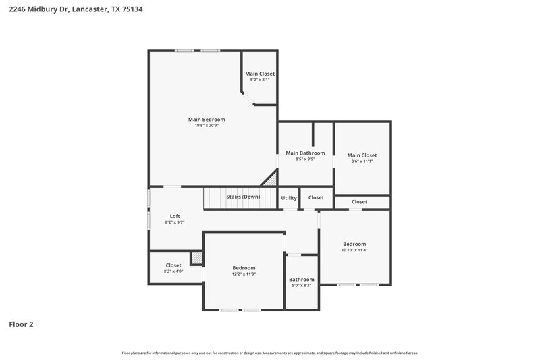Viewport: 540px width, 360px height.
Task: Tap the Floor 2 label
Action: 21,324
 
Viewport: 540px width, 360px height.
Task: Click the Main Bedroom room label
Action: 207,119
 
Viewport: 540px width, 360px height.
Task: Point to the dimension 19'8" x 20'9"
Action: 207,126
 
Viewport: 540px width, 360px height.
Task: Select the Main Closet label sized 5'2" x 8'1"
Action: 260,74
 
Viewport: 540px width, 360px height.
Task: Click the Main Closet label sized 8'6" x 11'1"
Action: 362,155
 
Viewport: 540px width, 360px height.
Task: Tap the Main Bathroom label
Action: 306,153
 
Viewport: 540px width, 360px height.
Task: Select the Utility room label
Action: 289,198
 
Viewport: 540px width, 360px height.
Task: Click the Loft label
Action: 175,216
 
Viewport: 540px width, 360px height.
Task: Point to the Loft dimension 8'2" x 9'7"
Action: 175,222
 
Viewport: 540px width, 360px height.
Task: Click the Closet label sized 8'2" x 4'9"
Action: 173,265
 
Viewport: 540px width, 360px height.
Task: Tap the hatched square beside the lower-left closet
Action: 196,258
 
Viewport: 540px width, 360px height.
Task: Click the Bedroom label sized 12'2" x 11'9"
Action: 244,268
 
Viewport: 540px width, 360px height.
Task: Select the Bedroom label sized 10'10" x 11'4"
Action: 354,244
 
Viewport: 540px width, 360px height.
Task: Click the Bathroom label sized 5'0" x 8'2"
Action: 302,280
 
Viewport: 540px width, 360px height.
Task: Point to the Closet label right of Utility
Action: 316,198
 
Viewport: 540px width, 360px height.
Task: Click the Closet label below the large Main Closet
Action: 359,202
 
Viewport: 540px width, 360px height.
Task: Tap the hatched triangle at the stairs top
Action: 271,180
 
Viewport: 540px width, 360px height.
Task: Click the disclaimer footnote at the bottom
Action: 270,353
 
